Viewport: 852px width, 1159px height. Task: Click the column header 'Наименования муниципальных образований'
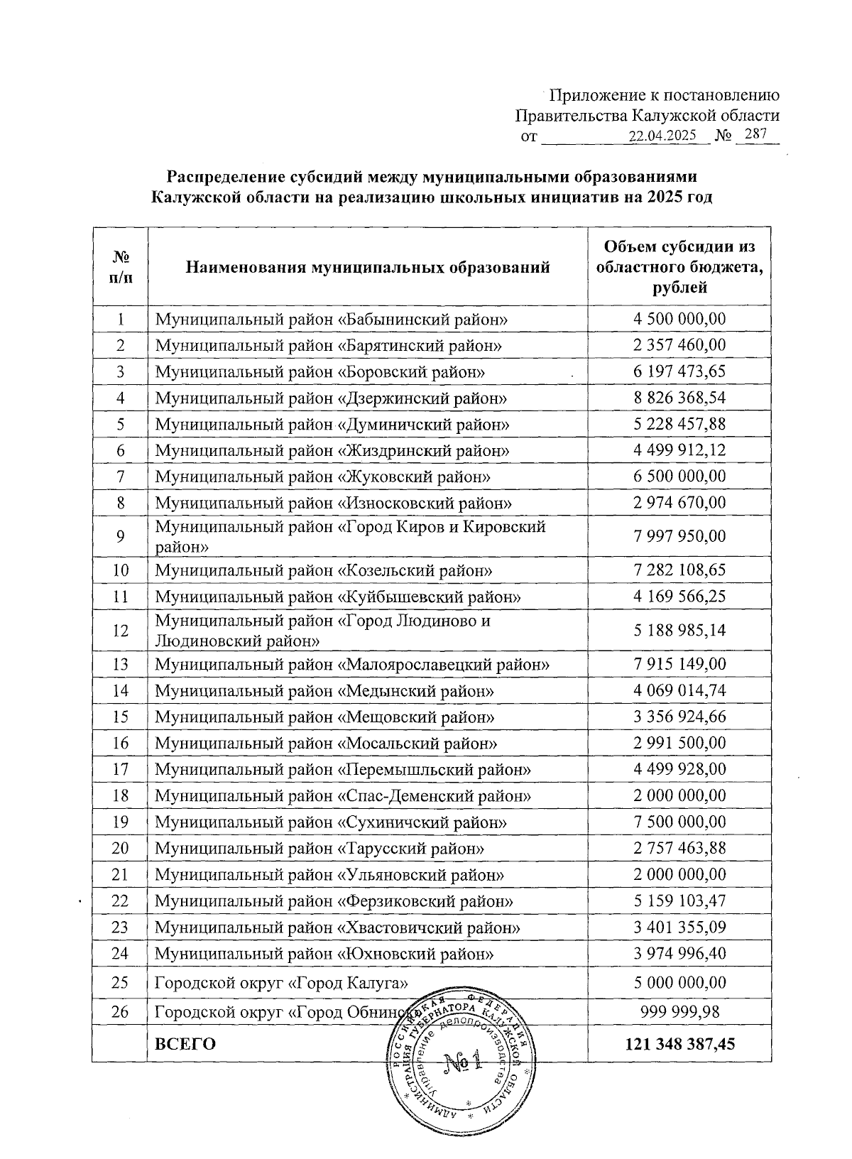(x=368, y=268)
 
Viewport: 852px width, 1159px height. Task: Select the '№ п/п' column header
(x=121, y=267)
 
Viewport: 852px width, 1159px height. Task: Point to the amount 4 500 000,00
(x=679, y=319)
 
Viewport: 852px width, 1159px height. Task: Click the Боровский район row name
(x=320, y=371)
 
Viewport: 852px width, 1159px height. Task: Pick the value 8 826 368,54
(x=679, y=398)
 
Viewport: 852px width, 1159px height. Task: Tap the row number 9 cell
(x=121, y=536)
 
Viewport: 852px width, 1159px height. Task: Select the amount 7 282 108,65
(x=679, y=570)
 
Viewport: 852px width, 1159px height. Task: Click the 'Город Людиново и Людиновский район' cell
(x=323, y=631)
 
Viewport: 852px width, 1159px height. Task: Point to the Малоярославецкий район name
(x=352, y=664)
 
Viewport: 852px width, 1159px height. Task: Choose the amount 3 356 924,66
(x=679, y=717)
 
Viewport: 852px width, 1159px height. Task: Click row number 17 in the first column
(x=121, y=769)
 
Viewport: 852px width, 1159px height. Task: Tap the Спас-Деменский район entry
(x=343, y=795)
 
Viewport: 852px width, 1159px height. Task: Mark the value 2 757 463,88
(x=679, y=848)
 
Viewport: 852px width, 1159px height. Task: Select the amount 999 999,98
(x=679, y=1012)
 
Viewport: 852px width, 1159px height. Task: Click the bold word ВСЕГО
(x=185, y=1043)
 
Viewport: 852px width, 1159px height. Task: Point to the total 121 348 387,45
(x=679, y=1043)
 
